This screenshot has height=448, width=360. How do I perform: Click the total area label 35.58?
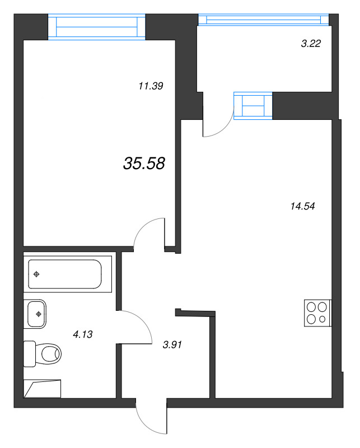[x=144, y=164]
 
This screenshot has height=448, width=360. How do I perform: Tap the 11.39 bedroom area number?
[x=151, y=86]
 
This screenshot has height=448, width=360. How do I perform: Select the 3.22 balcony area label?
[x=311, y=44]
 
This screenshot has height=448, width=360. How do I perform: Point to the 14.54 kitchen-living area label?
[x=302, y=206]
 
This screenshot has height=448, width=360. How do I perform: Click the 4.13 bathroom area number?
[x=82, y=334]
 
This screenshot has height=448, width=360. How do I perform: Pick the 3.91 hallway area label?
[x=172, y=345]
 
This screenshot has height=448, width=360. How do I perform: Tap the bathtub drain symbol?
[x=36, y=274]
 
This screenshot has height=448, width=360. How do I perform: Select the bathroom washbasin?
[x=36, y=314]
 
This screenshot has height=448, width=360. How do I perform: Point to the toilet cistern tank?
[x=30, y=354]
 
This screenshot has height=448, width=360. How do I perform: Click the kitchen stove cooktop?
[x=317, y=313]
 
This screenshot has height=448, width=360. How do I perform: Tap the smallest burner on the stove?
[x=322, y=319]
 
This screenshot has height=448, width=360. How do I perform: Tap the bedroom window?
[x=96, y=26]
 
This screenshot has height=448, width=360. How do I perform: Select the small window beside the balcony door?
[x=253, y=106]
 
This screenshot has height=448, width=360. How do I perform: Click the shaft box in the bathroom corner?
[x=43, y=389]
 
